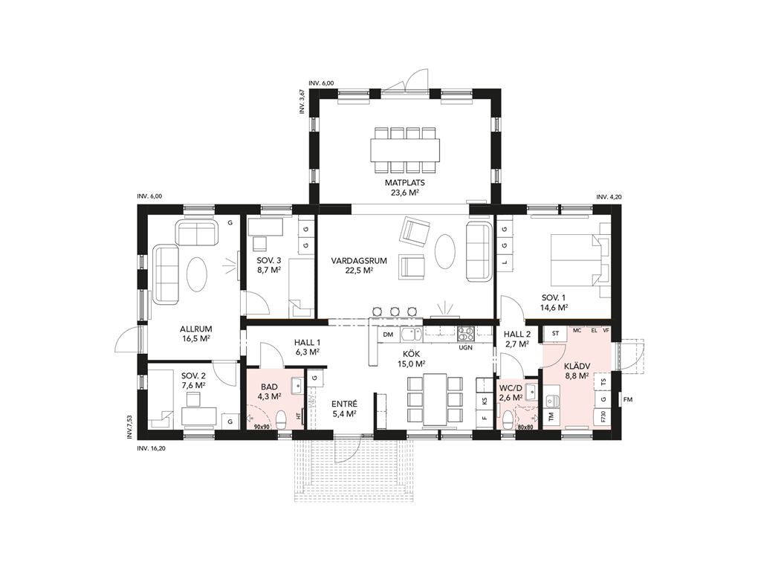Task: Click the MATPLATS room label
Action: coord(405,183)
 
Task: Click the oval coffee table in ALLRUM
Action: coord(198,274)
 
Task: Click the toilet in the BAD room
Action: coord(280,419)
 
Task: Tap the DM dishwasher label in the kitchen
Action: coord(388,335)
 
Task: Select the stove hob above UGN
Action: coord(466,335)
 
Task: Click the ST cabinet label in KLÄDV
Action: coord(556,334)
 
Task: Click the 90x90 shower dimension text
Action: coord(261,427)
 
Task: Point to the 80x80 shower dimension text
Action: coord(525,428)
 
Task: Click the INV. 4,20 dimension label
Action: coord(609,197)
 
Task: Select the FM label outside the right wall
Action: coord(629,399)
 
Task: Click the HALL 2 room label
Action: coord(517,334)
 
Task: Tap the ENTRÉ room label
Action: coord(344,404)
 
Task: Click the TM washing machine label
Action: coord(551,416)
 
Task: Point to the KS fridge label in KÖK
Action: coord(484,401)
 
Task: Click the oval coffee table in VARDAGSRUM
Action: coord(445,251)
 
